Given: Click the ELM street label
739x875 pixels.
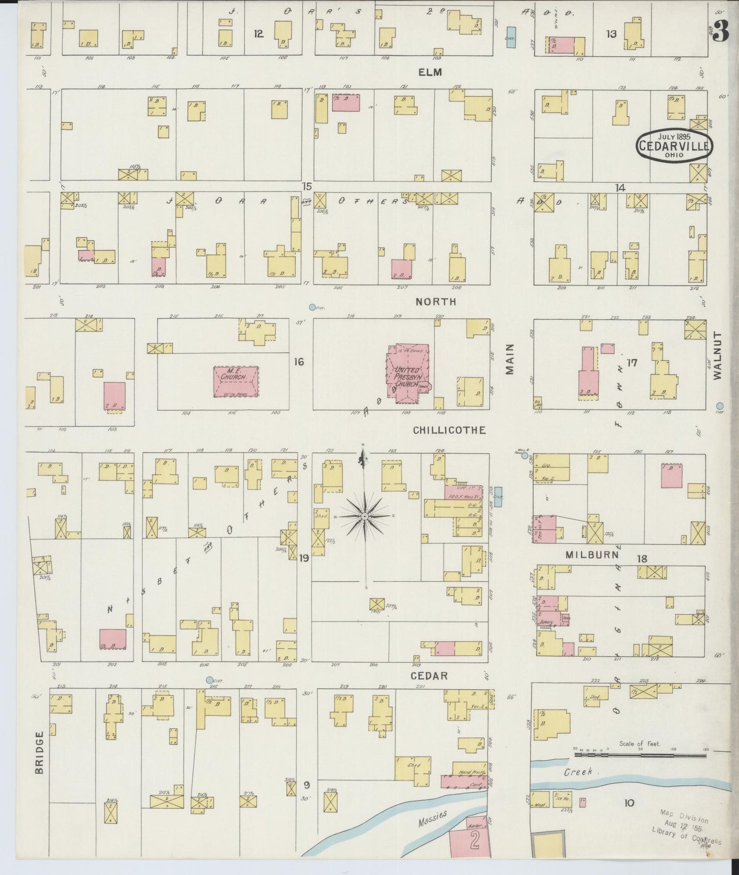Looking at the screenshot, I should [x=430, y=72].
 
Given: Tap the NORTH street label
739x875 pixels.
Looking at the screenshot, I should [x=435, y=302].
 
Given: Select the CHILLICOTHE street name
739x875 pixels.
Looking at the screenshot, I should [x=449, y=430].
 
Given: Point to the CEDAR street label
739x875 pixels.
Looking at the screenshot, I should [x=430, y=675].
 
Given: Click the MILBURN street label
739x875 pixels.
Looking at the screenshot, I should [x=593, y=555].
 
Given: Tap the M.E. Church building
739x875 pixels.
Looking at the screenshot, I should [x=235, y=381].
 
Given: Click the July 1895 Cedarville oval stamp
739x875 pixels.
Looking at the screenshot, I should [x=674, y=145].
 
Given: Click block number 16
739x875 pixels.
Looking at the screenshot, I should [x=299, y=362].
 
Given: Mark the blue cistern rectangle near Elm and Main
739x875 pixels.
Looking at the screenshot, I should [x=510, y=37].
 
